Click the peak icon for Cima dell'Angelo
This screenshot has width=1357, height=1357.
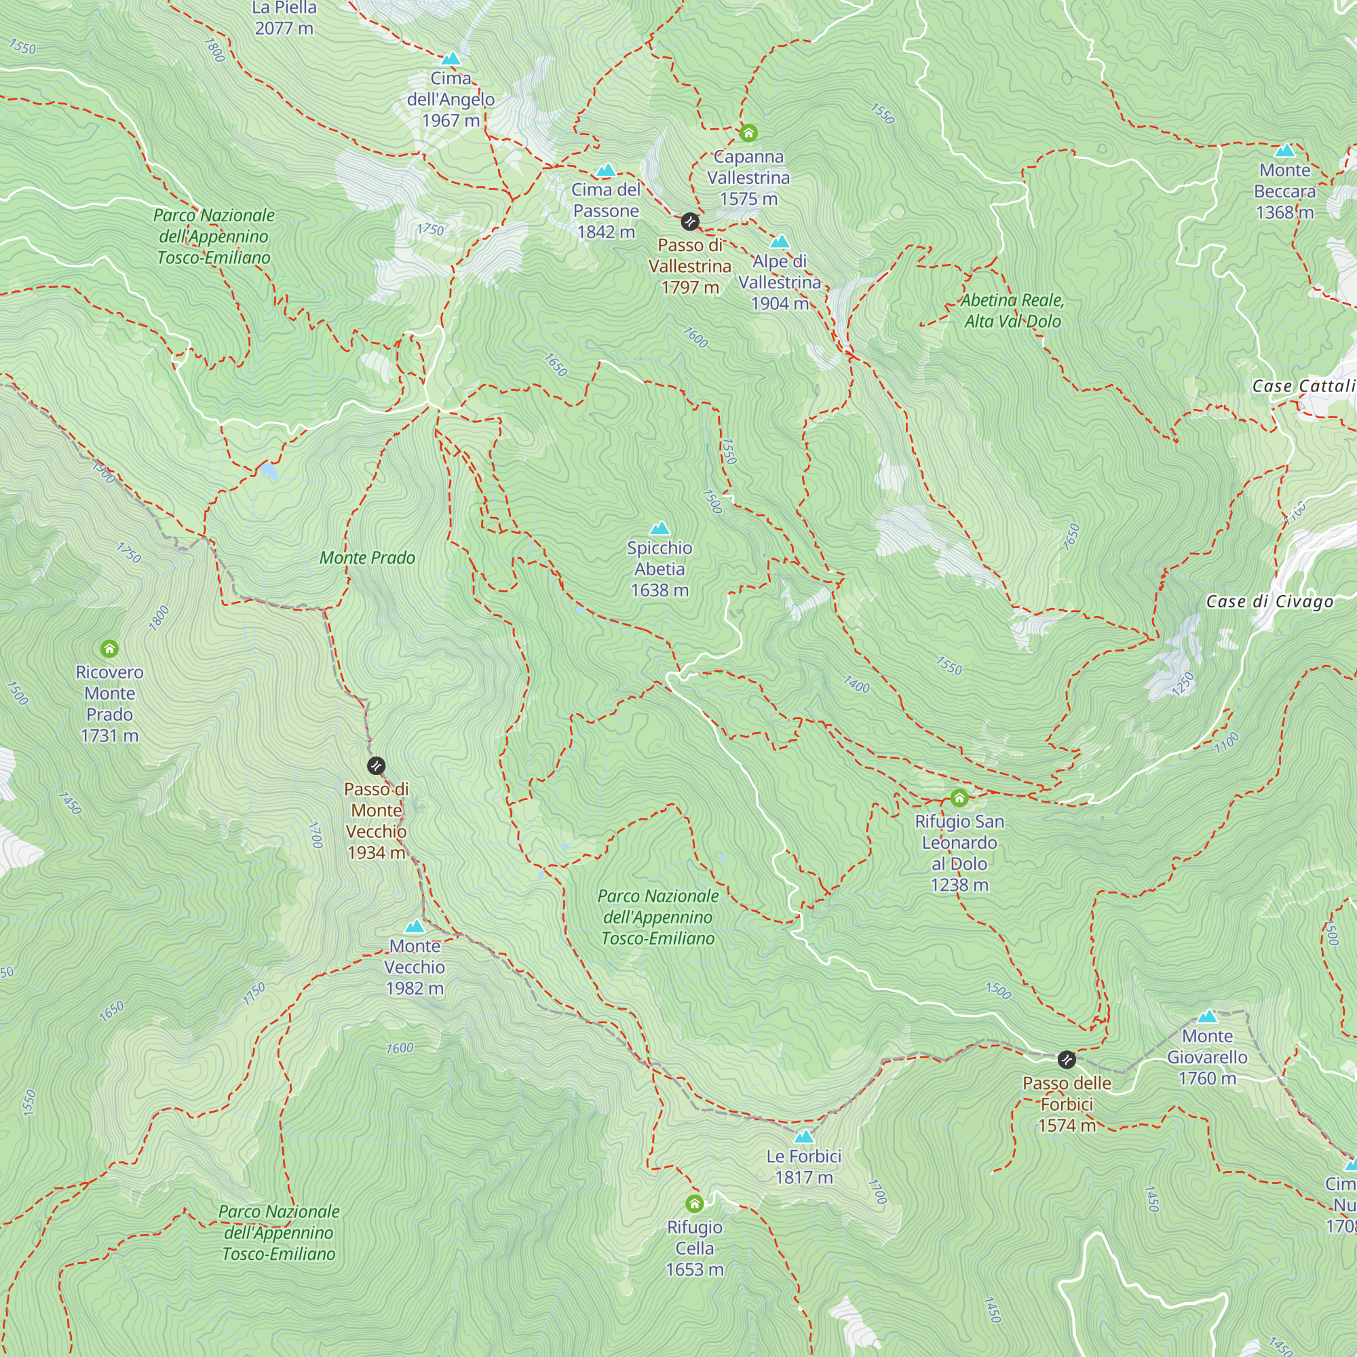tap(451, 58)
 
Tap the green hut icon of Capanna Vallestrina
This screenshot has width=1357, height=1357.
tap(749, 133)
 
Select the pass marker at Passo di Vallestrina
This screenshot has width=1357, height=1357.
tap(691, 222)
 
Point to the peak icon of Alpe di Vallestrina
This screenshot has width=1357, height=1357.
tap(780, 242)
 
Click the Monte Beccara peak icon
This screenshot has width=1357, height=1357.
tap(1284, 151)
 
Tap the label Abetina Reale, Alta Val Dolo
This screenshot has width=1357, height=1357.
tap(1012, 311)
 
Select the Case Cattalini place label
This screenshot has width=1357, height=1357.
tap(1303, 386)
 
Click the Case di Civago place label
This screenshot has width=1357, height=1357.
tap(1269, 601)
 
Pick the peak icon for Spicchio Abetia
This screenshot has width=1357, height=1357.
tap(660, 528)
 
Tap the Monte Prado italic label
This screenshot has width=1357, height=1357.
tap(367, 558)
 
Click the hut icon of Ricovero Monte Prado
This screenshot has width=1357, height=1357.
tap(109, 648)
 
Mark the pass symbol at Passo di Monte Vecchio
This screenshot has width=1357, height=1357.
tap(377, 765)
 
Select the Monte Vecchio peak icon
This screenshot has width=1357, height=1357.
tap(415, 926)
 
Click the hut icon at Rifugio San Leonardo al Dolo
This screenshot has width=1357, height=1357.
tap(959, 798)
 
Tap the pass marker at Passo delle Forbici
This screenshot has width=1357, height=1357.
tap(1066, 1059)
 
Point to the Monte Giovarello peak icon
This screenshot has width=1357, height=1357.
tap(1208, 1016)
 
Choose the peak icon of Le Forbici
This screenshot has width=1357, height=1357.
tap(803, 1136)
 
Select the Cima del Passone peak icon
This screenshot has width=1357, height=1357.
tap(606, 170)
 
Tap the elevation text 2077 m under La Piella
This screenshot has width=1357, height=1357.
tap(284, 28)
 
